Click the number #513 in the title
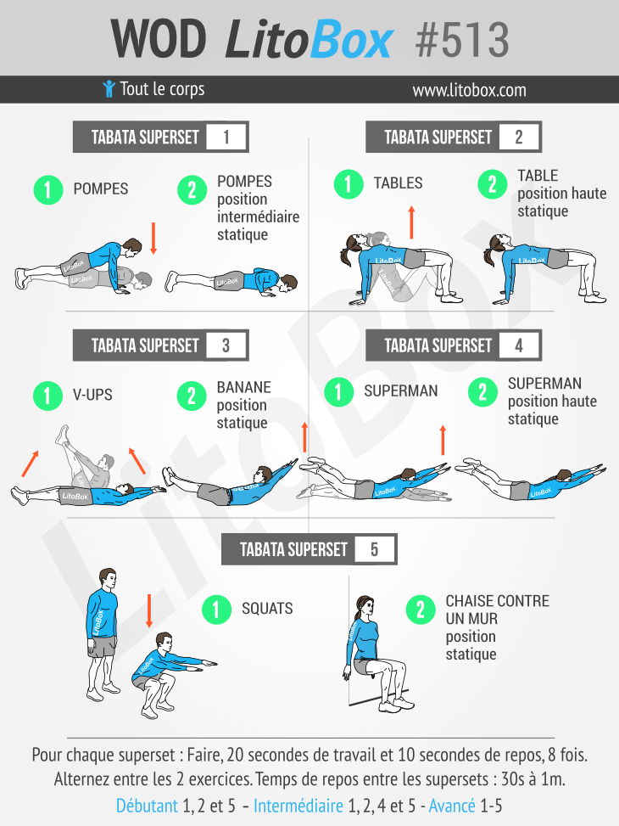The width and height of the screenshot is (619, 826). pos(462,40)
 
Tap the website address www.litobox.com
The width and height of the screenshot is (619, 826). pos(469,90)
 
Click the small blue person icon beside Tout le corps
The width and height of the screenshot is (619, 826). pos(109,88)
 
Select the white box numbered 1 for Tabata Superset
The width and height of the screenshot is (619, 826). pos(226,137)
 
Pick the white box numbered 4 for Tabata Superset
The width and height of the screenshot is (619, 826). pos(519,346)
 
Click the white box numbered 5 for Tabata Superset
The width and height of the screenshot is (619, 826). pos(374,549)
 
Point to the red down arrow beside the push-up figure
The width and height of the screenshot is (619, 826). pos(153,238)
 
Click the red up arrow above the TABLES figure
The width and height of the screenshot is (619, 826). pos(411,222)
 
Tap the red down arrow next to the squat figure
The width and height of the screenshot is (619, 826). pos(149,610)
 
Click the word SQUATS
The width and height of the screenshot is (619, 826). pos(267,609)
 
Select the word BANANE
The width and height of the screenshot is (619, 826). pos(243,387)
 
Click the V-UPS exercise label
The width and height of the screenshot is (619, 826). pos(92,395)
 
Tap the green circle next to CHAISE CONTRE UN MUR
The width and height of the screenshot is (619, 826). pos(421,610)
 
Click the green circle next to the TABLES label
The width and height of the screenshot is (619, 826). pos(349,184)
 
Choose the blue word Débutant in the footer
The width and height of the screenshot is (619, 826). pos(147,806)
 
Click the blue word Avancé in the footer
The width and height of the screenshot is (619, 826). pos(452,806)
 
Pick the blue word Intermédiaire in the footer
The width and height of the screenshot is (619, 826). pos(298,806)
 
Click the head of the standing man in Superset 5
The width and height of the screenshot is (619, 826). pos(108,580)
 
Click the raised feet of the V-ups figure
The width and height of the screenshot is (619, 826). pos(63,435)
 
